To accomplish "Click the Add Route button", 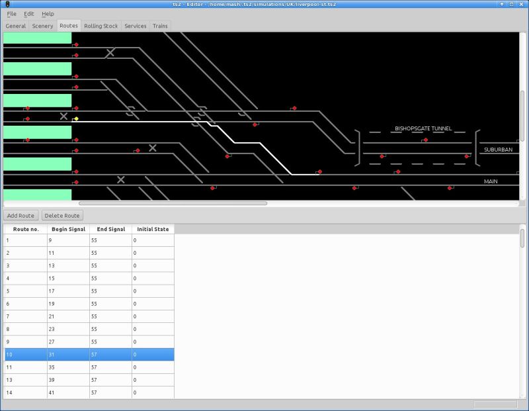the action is (20, 216).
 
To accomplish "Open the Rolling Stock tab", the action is (101, 26).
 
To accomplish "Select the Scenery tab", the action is (42, 26).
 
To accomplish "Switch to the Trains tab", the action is (159, 26).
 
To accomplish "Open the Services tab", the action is (135, 26).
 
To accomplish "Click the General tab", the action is (16, 26).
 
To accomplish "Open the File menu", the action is (11, 14).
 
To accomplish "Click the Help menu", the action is (48, 14).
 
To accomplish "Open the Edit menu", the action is (28, 14).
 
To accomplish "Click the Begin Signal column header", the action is (68, 229).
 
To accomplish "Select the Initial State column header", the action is (153, 229).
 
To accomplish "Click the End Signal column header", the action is (110, 229).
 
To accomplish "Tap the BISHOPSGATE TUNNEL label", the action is (423, 128).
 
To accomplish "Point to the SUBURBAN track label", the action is (498, 150).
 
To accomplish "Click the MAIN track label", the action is (491, 181).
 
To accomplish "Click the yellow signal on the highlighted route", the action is (76, 119).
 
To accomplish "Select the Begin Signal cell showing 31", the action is (68, 355).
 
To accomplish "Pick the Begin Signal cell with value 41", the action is (68, 392).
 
